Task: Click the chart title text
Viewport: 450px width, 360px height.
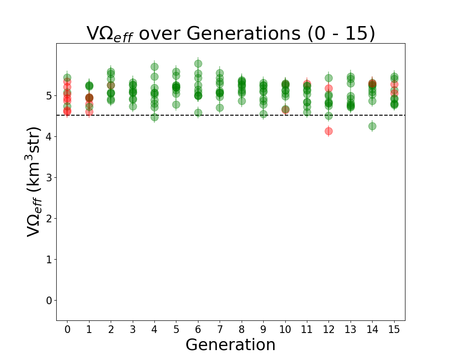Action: click(x=230, y=34)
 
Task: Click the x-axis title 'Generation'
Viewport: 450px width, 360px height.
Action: click(x=230, y=345)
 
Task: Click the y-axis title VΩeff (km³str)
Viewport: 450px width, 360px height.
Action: click(x=34, y=181)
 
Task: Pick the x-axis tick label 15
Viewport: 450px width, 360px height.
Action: click(x=394, y=330)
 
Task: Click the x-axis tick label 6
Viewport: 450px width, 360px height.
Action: click(x=198, y=330)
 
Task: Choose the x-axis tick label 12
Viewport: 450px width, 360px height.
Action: click(x=328, y=330)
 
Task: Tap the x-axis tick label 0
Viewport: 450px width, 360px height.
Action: click(x=67, y=330)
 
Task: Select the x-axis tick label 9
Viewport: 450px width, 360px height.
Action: click(x=263, y=330)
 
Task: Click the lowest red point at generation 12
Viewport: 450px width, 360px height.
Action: click(x=328, y=131)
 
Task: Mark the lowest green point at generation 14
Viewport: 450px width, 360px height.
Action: click(x=372, y=126)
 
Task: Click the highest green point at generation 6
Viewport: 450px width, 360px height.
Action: click(x=198, y=63)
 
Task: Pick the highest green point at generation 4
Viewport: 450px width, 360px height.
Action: click(x=154, y=67)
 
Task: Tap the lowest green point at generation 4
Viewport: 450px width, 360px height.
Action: click(x=154, y=117)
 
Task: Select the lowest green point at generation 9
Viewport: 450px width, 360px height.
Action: click(x=263, y=114)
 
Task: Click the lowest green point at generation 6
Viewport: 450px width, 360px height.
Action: click(x=198, y=112)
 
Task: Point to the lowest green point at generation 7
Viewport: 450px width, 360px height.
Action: click(x=220, y=108)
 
